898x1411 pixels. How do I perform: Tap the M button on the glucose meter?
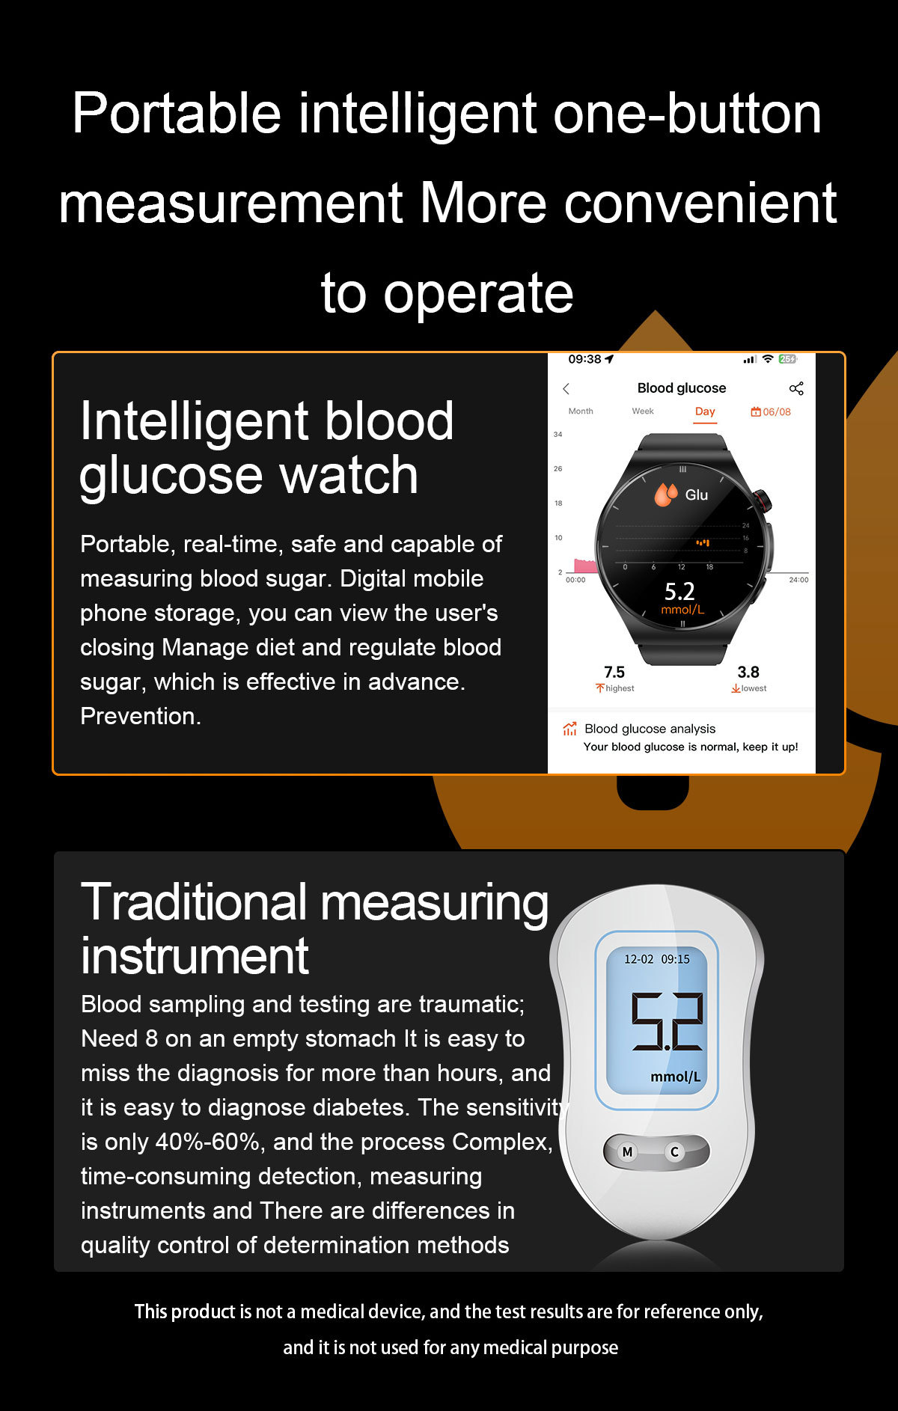[627, 1152]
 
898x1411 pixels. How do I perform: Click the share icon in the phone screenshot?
[796, 388]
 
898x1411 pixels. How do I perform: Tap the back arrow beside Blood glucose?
[566, 389]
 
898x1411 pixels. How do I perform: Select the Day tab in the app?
[705, 411]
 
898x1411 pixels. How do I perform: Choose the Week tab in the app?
[643, 411]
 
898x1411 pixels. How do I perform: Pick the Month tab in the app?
[581, 411]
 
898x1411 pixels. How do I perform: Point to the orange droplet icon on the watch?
[665, 495]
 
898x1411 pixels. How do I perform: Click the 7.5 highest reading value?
[614, 672]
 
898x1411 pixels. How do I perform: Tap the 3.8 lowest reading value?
[748, 672]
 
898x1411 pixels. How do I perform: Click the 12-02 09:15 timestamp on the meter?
[657, 959]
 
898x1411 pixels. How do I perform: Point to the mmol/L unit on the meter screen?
[676, 1077]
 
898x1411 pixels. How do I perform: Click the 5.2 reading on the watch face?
[679, 592]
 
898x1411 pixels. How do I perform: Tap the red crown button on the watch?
[763, 499]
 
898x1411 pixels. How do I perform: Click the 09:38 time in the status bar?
[584, 359]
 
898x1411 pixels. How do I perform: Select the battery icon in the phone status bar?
[788, 359]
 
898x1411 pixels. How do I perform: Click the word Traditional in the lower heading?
[194, 902]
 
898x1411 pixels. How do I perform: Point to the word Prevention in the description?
[141, 716]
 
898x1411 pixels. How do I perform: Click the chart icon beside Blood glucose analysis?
[569, 729]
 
